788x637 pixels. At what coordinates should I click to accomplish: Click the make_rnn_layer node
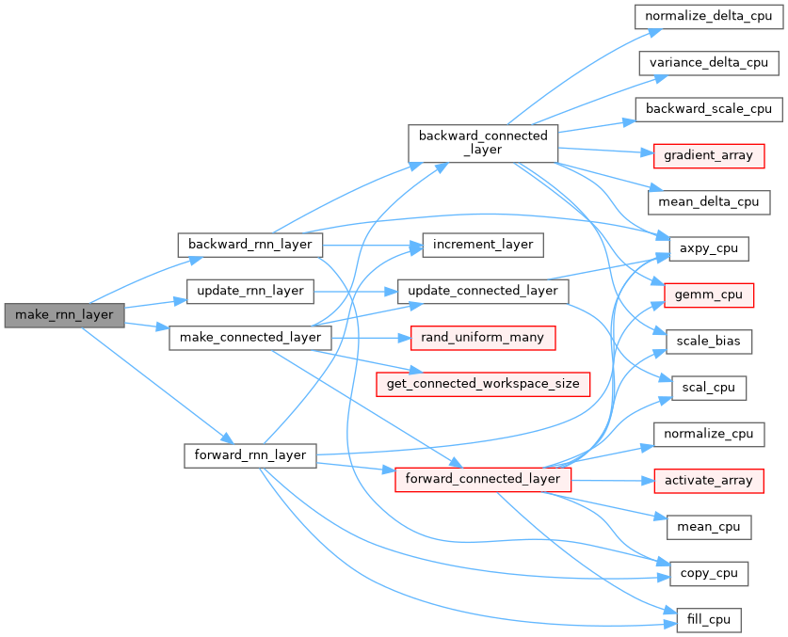click(x=64, y=314)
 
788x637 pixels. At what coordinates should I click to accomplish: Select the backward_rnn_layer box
click(x=250, y=245)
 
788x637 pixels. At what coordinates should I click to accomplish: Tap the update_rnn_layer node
click(x=250, y=291)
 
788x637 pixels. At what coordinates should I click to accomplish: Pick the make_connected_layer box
click(x=250, y=337)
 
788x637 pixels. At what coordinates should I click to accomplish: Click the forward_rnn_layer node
click(x=250, y=454)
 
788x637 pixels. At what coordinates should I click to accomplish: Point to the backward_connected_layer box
click(x=483, y=142)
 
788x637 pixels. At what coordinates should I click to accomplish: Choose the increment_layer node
click(x=483, y=245)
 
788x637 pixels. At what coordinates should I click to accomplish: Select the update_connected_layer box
click(x=483, y=291)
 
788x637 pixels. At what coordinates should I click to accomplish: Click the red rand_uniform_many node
click(x=483, y=337)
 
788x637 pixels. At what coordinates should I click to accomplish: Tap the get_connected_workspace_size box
click(x=483, y=383)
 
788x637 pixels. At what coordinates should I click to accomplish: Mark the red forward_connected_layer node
click(x=483, y=478)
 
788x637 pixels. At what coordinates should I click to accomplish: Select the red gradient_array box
click(x=709, y=154)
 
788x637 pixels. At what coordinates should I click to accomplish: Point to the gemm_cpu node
click(x=709, y=295)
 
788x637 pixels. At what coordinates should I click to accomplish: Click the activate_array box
click(x=709, y=480)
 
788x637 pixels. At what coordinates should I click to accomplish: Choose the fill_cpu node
click(x=709, y=620)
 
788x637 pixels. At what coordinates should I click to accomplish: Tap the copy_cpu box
click(x=709, y=573)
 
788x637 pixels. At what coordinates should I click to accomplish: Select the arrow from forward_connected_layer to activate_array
click(x=612, y=479)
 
